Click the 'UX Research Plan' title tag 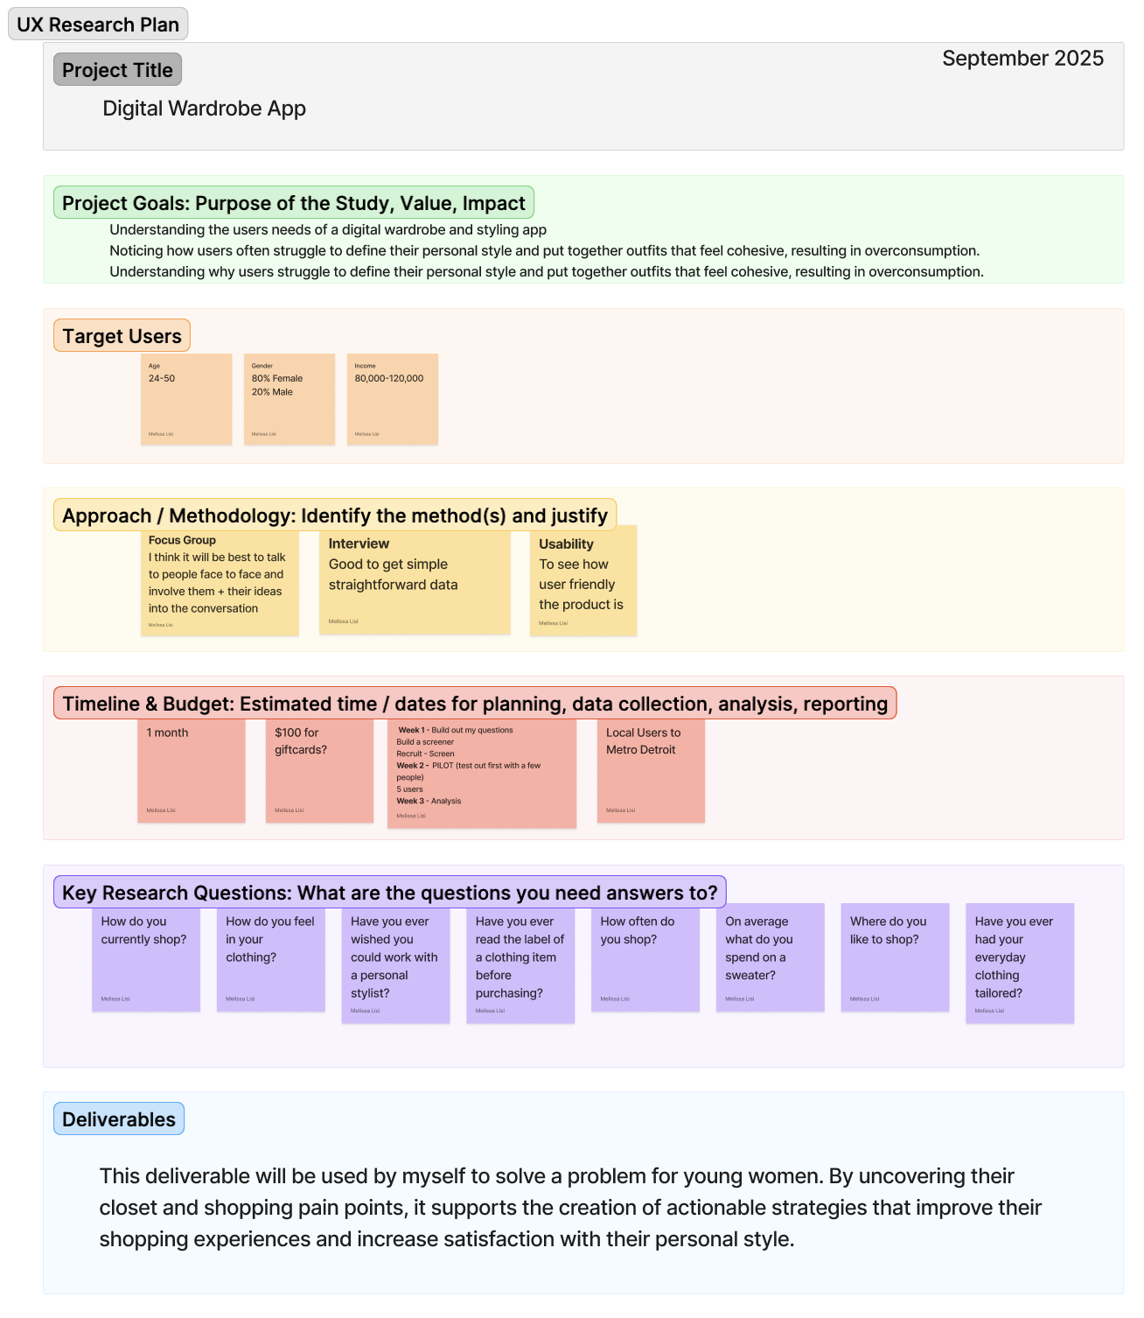98,25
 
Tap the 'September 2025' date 1022,59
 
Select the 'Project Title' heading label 117,70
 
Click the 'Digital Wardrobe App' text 204,109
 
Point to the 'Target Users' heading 122,336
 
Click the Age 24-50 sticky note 186,399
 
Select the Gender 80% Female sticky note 289,399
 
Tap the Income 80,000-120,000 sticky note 393,399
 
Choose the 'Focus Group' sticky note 220,582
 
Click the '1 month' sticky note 191,770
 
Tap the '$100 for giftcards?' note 319,770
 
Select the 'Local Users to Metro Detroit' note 651,770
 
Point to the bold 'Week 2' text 412,766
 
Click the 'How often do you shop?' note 645,957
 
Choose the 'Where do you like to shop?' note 895,957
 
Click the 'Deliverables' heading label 119,1119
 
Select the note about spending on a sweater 770,957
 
